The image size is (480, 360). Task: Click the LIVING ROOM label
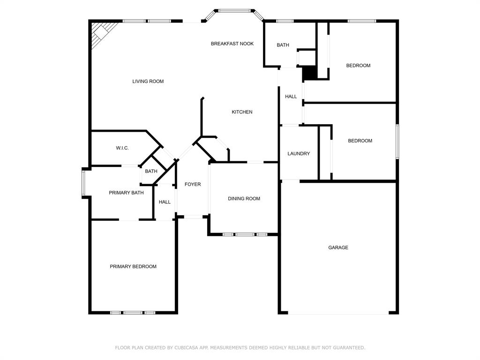(x=148, y=81)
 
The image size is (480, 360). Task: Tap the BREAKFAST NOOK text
(x=232, y=44)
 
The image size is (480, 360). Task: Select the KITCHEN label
(x=242, y=112)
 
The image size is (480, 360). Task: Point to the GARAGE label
(x=338, y=247)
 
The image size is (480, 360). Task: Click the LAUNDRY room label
(x=299, y=154)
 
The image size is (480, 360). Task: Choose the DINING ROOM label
(x=244, y=199)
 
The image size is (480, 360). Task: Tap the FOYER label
(x=193, y=184)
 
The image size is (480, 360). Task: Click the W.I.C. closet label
(x=122, y=148)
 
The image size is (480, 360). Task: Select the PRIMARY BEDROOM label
(x=133, y=267)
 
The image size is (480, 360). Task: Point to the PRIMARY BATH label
(x=126, y=193)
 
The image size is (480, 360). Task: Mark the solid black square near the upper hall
(x=310, y=74)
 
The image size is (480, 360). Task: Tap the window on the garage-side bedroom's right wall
(x=397, y=142)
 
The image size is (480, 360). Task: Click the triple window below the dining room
(x=245, y=234)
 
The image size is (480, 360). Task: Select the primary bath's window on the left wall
(x=83, y=183)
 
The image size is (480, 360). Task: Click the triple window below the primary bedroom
(x=133, y=313)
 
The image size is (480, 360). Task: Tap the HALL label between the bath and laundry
(x=291, y=97)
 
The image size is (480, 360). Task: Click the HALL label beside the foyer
(x=165, y=202)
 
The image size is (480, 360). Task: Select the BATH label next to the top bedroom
(x=283, y=45)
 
